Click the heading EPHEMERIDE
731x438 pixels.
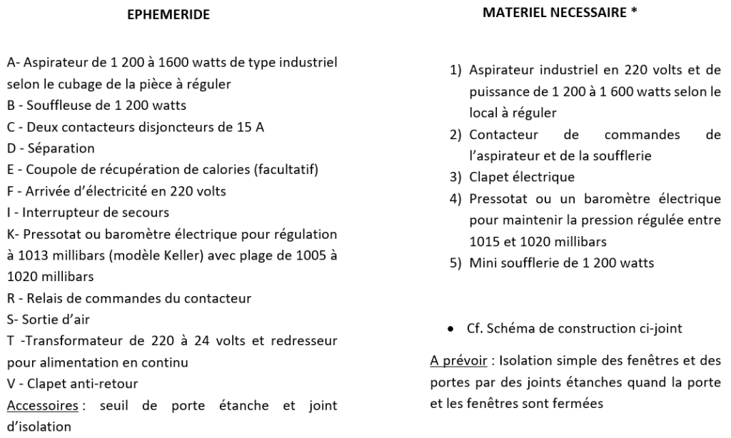[x=168, y=14]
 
